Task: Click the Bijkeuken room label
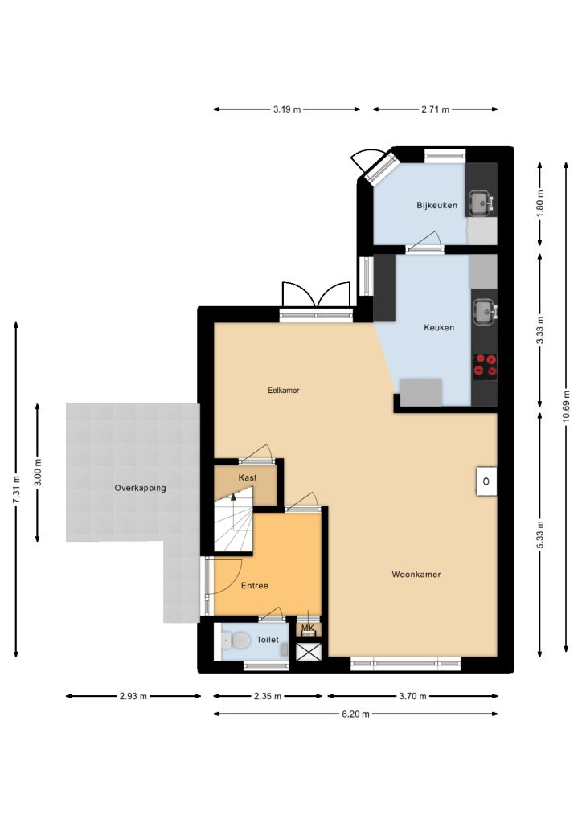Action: coord(436,205)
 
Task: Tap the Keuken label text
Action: coord(439,328)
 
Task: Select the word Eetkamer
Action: coord(284,391)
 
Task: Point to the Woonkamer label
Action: coord(416,574)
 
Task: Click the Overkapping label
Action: coord(140,488)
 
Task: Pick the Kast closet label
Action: coord(247,477)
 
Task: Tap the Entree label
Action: coord(255,586)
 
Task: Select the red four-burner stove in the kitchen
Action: coord(485,366)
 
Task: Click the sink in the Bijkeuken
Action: coord(481,202)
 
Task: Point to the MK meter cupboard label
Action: coord(308,628)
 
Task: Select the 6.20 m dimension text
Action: coord(355,714)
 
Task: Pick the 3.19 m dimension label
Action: coord(286,109)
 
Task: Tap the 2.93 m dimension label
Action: coord(133,697)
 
